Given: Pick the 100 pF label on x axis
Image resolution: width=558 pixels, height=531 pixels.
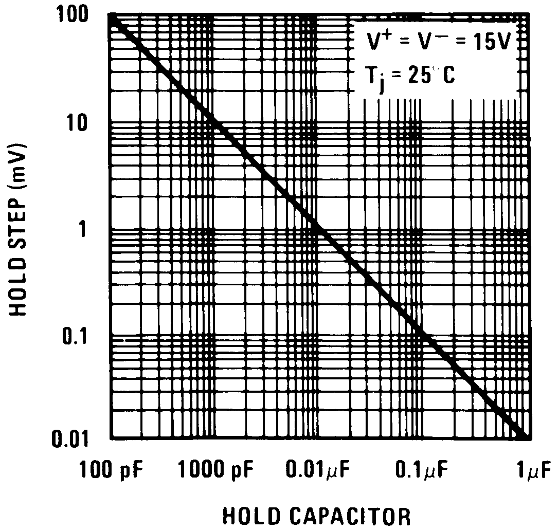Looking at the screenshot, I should coord(111,469).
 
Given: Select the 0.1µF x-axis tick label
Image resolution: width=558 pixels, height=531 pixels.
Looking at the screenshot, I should coord(422,469).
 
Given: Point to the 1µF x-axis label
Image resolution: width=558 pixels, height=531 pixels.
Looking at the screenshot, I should coord(535,469).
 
